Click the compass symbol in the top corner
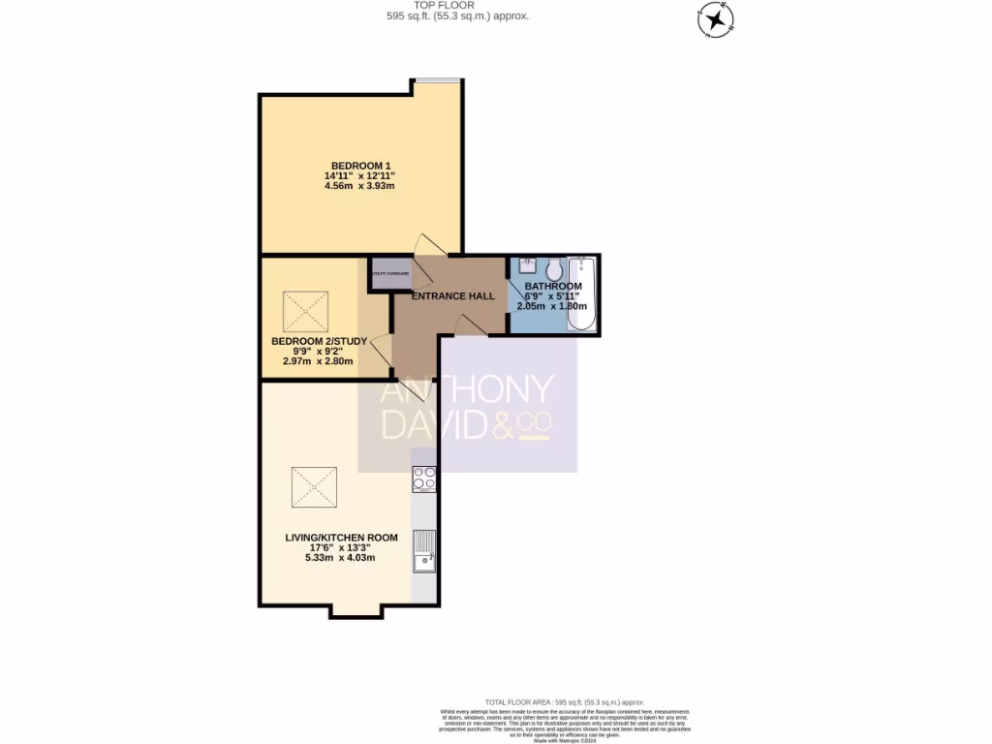point(715,18)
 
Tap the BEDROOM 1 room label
point(360,165)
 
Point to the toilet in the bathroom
point(554,268)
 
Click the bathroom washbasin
point(527,265)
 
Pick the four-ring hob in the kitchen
point(424,478)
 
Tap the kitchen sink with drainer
point(424,550)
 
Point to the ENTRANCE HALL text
point(452,296)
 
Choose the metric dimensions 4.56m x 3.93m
point(360,186)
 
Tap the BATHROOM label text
point(553,287)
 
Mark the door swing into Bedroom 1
point(423,247)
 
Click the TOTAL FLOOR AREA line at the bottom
point(564,701)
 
